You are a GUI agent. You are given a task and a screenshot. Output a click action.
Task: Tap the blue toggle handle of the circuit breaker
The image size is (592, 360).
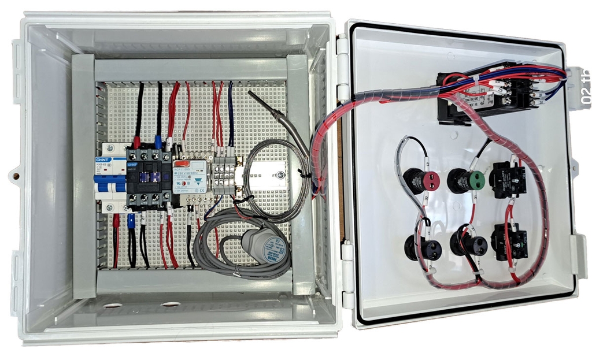pos(109,184)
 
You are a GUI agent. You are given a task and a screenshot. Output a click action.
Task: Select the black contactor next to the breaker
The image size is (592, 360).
pos(149,176)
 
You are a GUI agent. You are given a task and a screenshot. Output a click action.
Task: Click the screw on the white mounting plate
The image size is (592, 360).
pos(280,175)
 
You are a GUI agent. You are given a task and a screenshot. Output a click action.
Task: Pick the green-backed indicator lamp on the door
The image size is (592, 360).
pos(467,180)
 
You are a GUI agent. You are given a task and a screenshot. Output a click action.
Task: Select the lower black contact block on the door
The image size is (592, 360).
pos(508,241)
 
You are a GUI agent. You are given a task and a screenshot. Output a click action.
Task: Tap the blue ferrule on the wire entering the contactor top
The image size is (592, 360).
pos(158,140)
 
